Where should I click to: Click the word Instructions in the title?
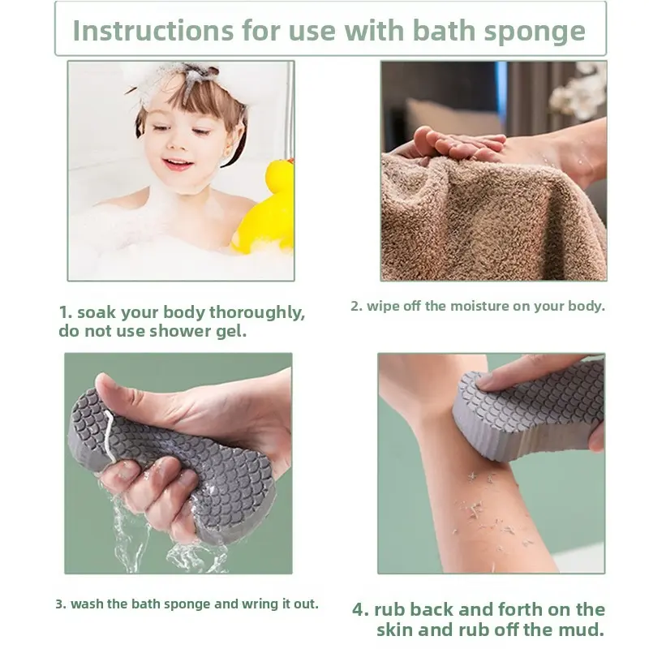[153, 30]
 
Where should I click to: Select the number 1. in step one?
[66, 312]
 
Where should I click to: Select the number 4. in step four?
[360, 610]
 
